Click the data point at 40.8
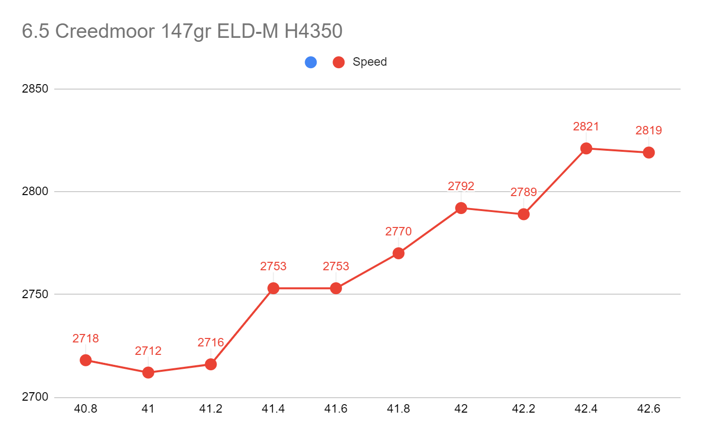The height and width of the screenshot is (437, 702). pyautogui.click(x=86, y=360)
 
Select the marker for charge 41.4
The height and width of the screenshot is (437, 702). pyautogui.click(x=273, y=288)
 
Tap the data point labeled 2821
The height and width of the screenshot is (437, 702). pyautogui.click(x=586, y=148)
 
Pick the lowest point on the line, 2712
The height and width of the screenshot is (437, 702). pyautogui.click(x=148, y=372)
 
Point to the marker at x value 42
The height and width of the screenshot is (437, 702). pyautogui.click(x=461, y=208)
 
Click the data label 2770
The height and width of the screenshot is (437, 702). pyautogui.click(x=398, y=231)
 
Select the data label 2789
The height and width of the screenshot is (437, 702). pyautogui.click(x=523, y=192)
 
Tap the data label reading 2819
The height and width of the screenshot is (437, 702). pyautogui.click(x=648, y=130)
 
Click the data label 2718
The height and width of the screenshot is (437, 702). pyautogui.click(x=86, y=338)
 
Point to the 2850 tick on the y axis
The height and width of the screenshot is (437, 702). pyautogui.click(x=35, y=89)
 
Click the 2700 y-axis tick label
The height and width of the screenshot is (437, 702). pyautogui.click(x=35, y=397)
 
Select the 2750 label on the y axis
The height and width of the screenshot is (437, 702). pyautogui.click(x=35, y=294)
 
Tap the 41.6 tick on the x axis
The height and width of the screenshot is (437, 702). pyautogui.click(x=336, y=409)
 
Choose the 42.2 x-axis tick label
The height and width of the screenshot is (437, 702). pyautogui.click(x=523, y=409)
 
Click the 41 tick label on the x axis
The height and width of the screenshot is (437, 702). pyautogui.click(x=148, y=409)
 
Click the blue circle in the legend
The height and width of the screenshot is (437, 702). pyautogui.click(x=311, y=62)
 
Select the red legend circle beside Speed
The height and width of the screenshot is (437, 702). pyautogui.click(x=339, y=62)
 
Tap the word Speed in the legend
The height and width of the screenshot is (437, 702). pyautogui.click(x=369, y=62)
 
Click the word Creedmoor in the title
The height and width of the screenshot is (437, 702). pyautogui.click(x=105, y=31)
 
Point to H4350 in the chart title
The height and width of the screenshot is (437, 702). pyautogui.click(x=313, y=31)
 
